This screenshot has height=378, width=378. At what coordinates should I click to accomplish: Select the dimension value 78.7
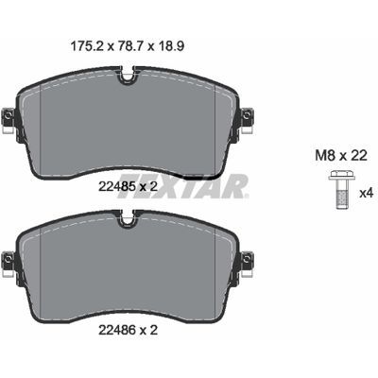pyautogui.click(x=129, y=46)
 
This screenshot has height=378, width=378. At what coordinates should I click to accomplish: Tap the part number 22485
pyautogui.click(x=117, y=187)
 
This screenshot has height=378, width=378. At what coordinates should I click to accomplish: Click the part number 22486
pyautogui.click(x=117, y=330)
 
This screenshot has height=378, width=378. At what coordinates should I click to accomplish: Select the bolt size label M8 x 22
pyautogui.click(x=341, y=155)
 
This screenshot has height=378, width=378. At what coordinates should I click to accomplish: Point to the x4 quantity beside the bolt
pyautogui.click(x=367, y=193)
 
